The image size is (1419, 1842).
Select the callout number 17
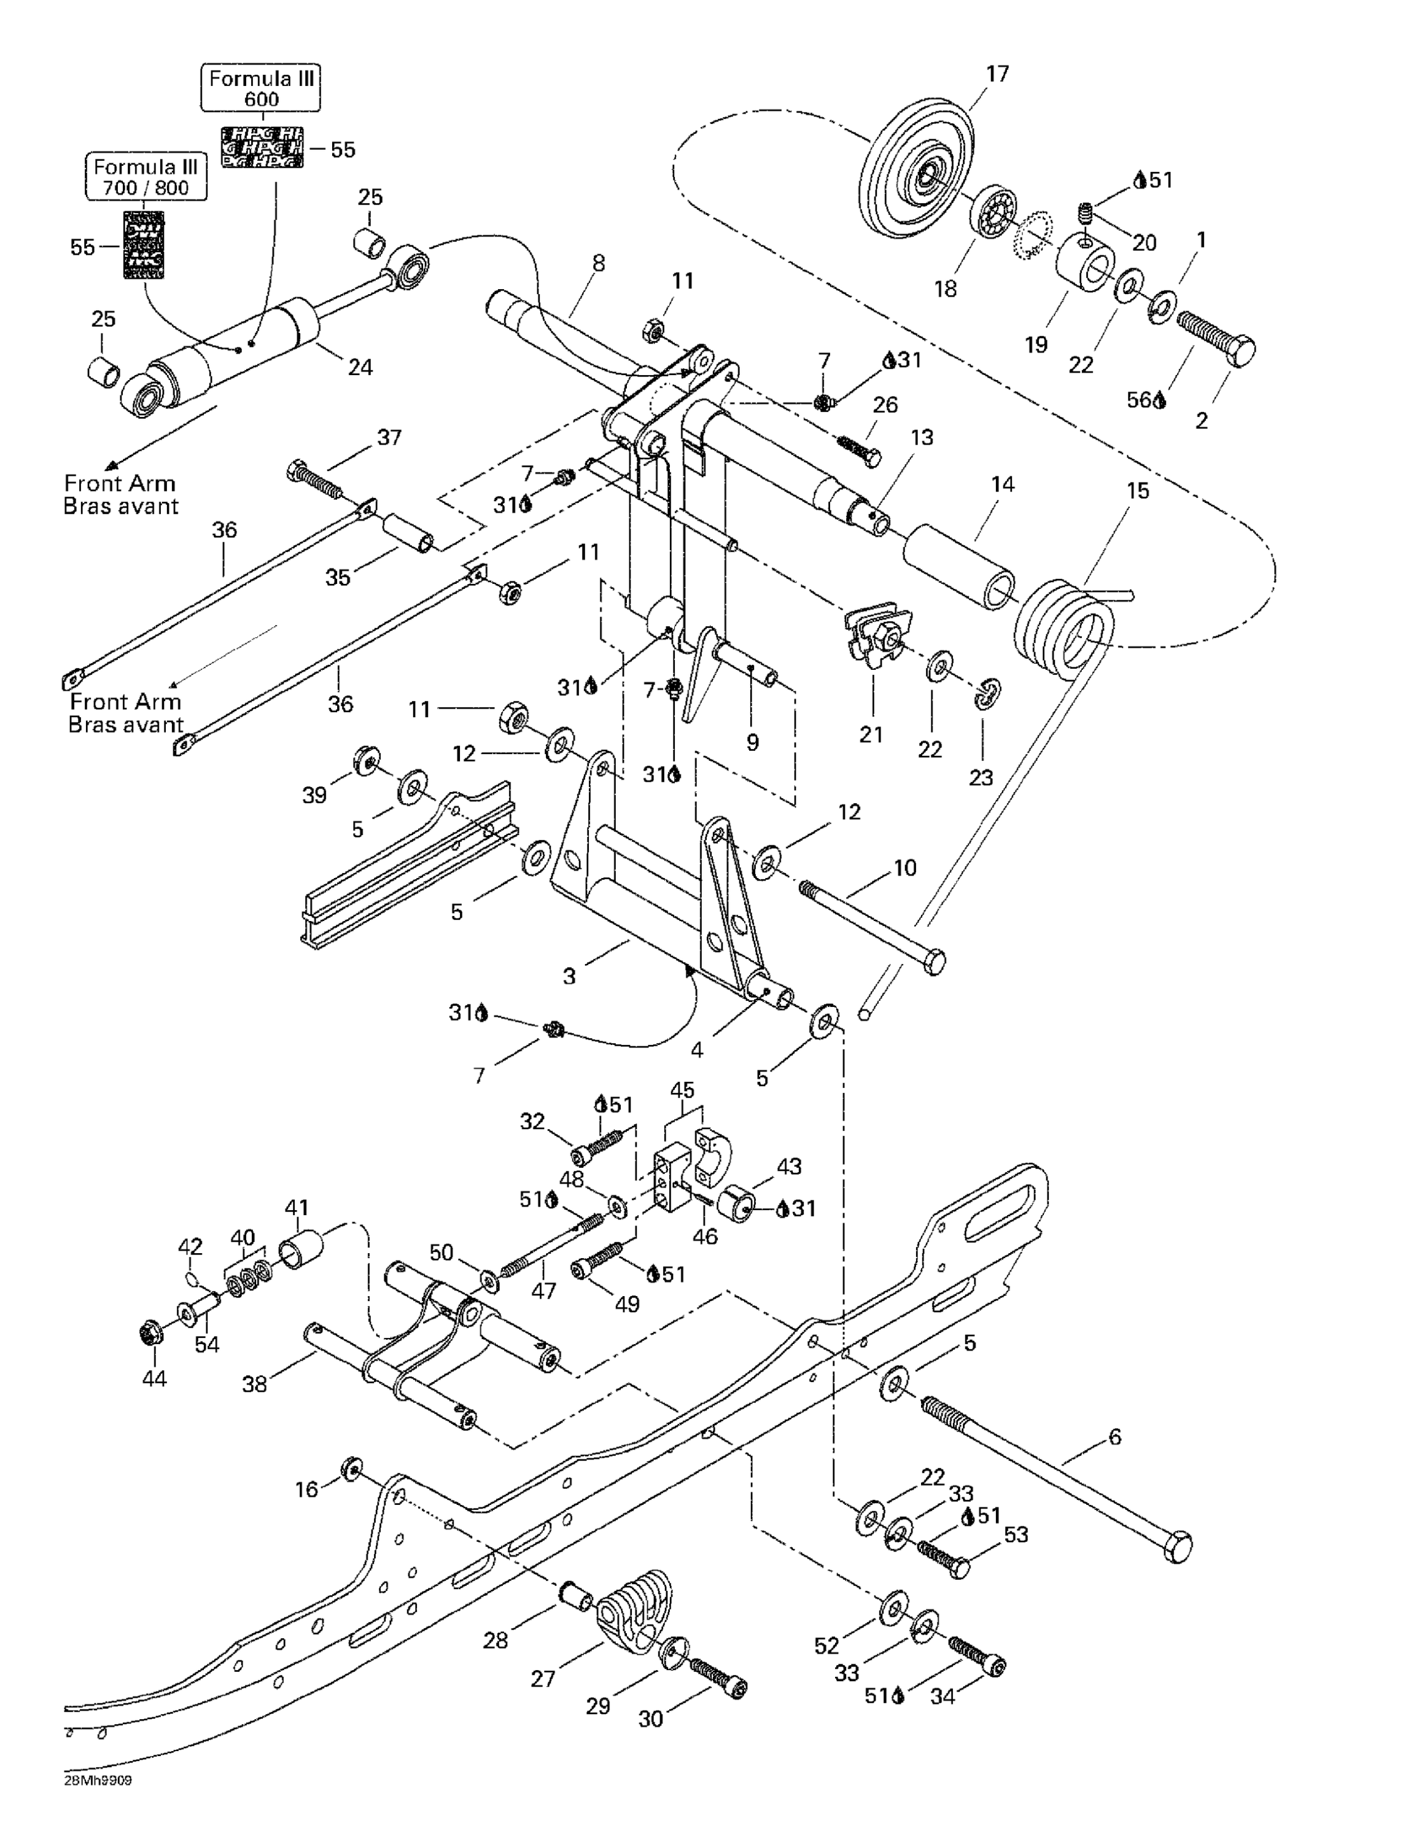click(997, 74)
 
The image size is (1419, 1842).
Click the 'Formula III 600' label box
click(261, 88)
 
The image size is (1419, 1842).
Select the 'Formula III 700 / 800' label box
click(146, 177)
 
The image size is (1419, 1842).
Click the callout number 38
click(255, 1384)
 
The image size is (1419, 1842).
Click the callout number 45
click(682, 1090)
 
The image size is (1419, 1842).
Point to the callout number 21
click(871, 734)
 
